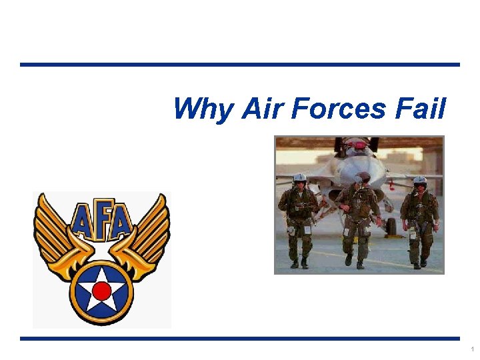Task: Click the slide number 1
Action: click(x=472, y=349)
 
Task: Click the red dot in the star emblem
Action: click(x=101, y=291)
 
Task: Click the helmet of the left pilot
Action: click(x=299, y=178)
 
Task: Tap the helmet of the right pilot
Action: click(x=419, y=181)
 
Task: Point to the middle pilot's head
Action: click(x=363, y=178)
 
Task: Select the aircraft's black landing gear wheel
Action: click(x=391, y=228)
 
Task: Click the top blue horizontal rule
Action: click(x=240, y=65)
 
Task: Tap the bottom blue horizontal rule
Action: click(x=240, y=339)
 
